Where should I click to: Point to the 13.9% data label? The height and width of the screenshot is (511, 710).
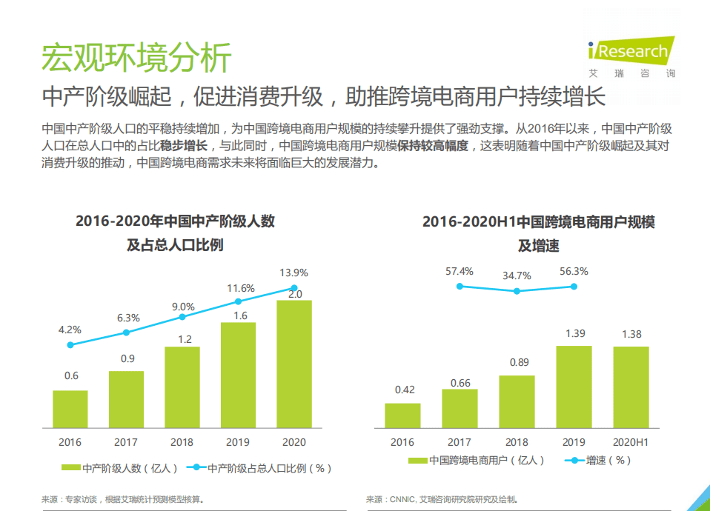tap(293, 273)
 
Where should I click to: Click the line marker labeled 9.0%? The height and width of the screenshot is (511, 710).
tap(182, 317)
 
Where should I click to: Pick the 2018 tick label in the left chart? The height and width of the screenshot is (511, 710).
tap(182, 442)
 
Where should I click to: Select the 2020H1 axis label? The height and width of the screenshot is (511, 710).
tap(631, 442)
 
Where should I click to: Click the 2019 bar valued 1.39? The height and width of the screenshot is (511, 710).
tap(574, 387)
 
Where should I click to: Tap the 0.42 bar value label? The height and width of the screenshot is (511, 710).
tap(404, 390)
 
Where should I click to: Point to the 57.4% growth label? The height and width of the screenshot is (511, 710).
tap(459, 272)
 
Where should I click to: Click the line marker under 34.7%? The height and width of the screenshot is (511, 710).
tap(517, 291)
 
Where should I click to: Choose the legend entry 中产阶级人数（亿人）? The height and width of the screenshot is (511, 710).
tap(119, 468)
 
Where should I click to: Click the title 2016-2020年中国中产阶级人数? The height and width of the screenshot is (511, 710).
tap(175, 221)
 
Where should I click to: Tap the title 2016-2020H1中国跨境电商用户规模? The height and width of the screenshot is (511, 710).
tap(538, 221)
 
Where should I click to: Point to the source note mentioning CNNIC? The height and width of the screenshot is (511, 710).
tap(442, 500)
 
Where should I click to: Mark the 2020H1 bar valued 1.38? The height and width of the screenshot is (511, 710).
tap(631, 387)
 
